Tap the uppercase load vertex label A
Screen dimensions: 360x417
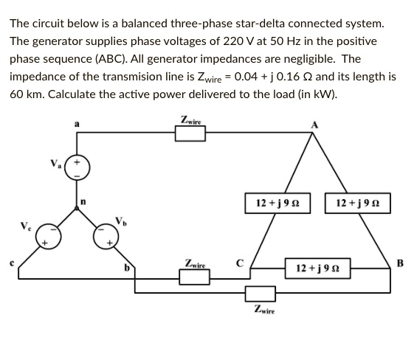[317, 125]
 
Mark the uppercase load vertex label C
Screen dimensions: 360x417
[240, 262]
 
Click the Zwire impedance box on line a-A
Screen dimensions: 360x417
[190, 134]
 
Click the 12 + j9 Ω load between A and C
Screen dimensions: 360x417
[277, 203]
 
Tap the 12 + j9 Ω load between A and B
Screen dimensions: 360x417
[356, 203]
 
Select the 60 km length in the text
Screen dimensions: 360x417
[25, 95]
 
